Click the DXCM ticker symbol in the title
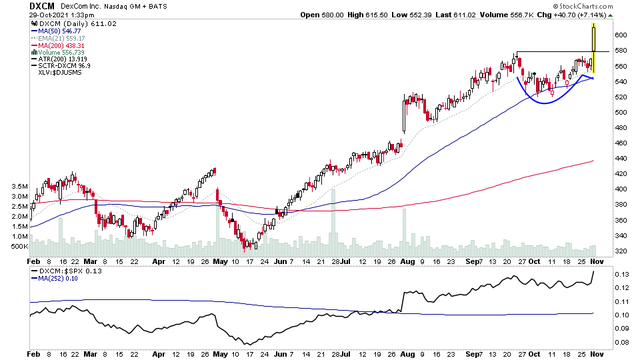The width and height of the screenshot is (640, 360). (42, 6)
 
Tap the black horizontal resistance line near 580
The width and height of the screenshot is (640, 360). (560, 51)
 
